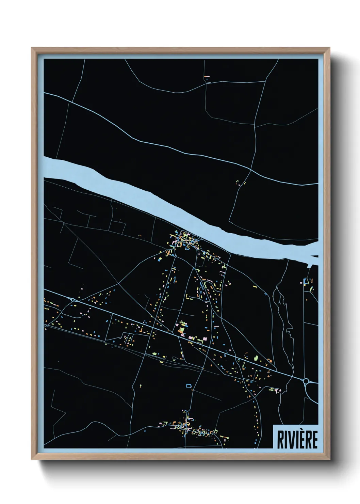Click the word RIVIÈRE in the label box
(x=297, y=439)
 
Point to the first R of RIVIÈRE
(x=280, y=440)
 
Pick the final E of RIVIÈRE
(x=314, y=440)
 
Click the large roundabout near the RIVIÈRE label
(x=306, y=381)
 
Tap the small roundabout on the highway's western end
(x=73, y=300)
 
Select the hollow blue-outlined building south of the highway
(x=189, y=385)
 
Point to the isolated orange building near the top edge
(x=207, y=77)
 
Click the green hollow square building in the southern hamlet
(x=215, y=431)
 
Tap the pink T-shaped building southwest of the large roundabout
(x=276, y=390)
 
